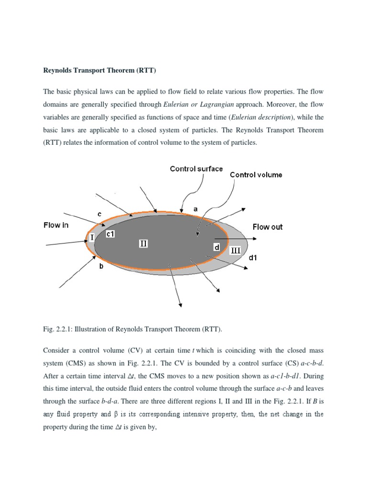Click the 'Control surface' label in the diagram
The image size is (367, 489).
click(196, 169)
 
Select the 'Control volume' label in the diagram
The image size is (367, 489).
click(256, 175)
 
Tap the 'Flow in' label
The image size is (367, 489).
click(56, 225)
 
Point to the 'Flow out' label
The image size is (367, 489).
click(267, 227)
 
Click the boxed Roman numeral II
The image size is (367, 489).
click(143, 244)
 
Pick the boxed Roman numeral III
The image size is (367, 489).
click(236, 251)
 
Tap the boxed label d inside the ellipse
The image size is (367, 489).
click(216, 247)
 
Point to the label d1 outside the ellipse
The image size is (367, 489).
click(253, 258)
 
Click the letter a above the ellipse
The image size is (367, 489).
click(195, 209)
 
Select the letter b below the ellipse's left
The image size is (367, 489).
click(101, 266)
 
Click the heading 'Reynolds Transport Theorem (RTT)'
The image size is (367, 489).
click(100, 71)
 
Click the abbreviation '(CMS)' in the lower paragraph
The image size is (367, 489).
click(79, 362)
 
